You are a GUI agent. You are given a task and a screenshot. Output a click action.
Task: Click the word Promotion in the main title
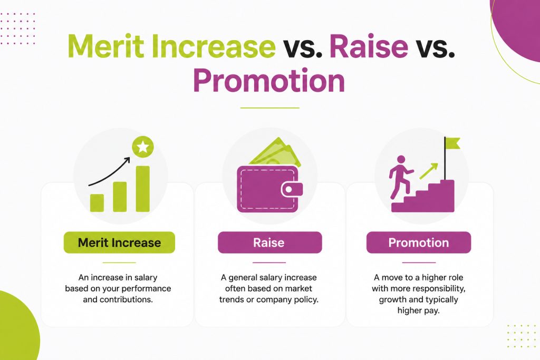269,81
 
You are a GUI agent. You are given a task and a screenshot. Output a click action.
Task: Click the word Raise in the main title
369,46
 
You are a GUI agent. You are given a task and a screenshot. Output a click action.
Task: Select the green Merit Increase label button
119,242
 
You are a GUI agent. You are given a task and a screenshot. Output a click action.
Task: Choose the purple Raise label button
269,242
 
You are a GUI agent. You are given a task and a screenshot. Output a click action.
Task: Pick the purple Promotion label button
418,242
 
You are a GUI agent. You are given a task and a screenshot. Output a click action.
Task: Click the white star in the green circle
143,147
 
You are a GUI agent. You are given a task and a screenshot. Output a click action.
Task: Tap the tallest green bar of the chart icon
142,189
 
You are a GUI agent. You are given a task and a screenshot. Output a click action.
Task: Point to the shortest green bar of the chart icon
97,203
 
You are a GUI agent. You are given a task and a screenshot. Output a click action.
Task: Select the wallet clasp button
292,190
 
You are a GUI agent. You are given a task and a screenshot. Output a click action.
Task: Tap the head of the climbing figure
401,160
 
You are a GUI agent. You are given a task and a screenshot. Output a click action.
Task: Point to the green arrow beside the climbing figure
428,171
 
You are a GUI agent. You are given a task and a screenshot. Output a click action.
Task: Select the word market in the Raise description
298,288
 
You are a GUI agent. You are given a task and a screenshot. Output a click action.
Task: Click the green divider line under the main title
269,108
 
